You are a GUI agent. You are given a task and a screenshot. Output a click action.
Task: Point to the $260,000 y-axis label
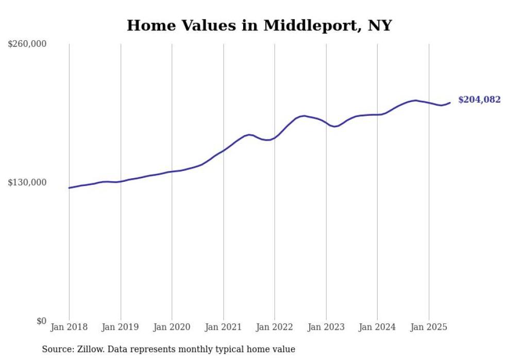27,44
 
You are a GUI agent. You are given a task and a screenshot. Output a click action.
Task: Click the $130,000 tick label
27,182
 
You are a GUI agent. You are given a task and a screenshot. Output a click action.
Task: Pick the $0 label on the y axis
41,321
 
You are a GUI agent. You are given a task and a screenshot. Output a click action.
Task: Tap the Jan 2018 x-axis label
69,327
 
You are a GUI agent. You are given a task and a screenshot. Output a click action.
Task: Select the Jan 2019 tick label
121,327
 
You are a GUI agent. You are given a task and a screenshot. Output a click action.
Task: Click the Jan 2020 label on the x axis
172,327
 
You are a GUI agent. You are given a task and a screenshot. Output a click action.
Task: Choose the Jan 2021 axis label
223,327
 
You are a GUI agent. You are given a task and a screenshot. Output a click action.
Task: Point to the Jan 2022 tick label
275,327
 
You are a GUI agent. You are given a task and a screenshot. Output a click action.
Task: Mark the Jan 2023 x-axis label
326,327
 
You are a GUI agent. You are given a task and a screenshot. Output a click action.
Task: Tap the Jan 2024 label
377,327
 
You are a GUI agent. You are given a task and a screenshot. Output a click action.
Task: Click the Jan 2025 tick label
429,327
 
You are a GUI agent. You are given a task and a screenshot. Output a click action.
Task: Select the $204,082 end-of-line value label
479,100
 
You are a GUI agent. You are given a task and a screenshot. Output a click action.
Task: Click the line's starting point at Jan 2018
69,188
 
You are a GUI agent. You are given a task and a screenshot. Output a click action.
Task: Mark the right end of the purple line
450,102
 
